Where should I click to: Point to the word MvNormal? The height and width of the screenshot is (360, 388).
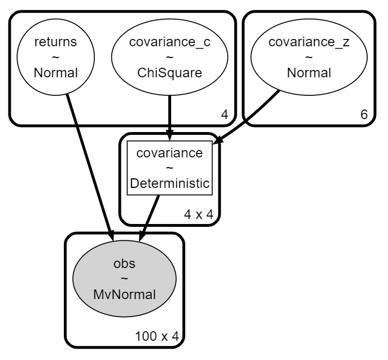click(124, 295)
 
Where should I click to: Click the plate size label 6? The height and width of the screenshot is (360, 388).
click(364, 115)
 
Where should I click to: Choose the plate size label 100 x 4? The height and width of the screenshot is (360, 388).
click(157, 336)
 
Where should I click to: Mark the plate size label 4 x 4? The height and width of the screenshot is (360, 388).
click(198, 215)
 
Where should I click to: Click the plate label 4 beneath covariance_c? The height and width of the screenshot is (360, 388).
click(224, 115)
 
